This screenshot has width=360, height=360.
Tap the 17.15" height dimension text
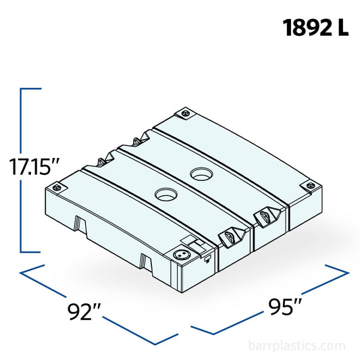pos(34,166)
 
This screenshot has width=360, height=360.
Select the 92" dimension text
pos(85,312)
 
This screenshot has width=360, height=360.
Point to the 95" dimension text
pos(284,307)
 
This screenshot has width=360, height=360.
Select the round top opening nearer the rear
pos(201,175)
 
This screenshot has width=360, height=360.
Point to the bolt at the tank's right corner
pos(310,184)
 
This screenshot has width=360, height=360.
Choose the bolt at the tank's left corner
pos(59,184)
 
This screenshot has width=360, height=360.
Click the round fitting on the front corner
pos(181,255)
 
